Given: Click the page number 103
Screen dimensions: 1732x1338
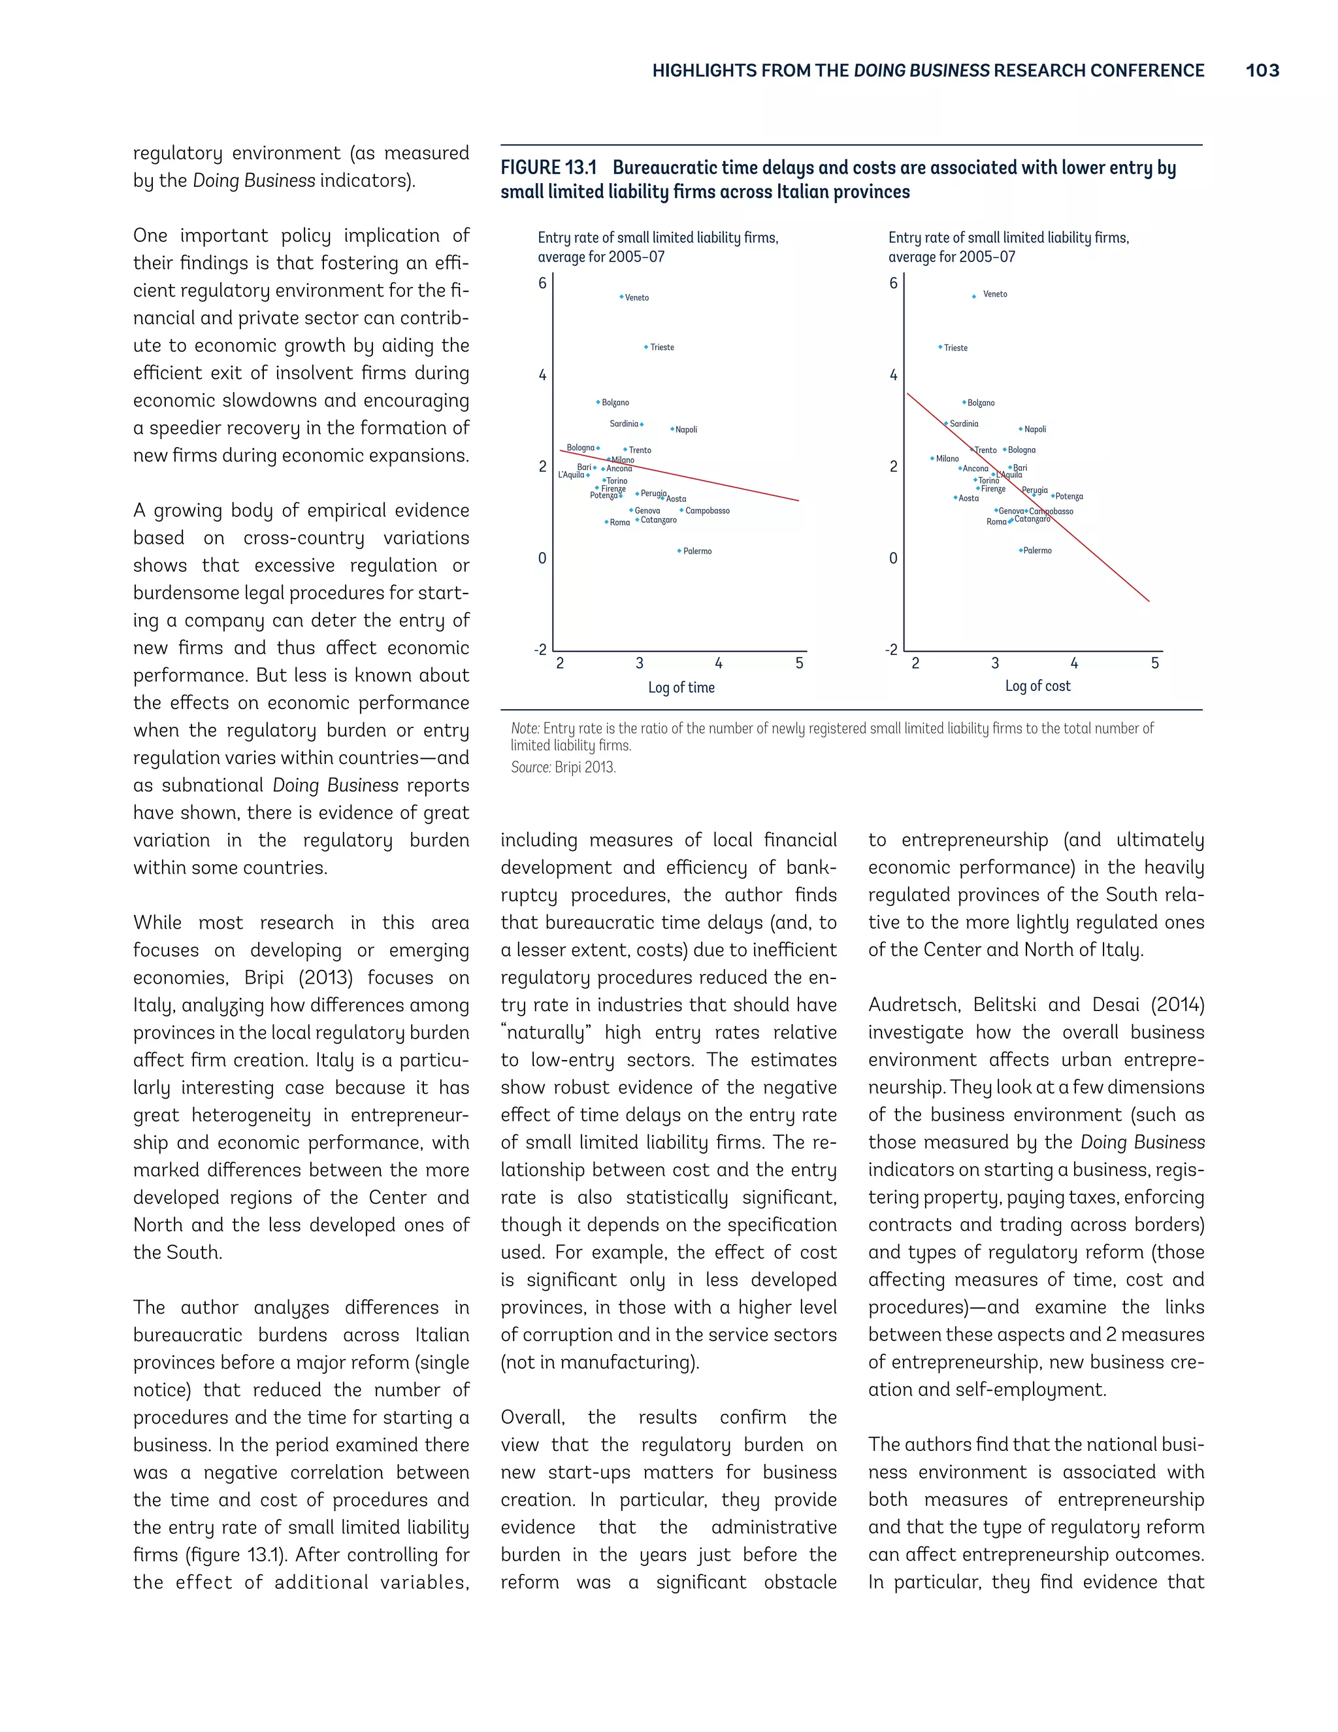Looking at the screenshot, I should (1262, 71).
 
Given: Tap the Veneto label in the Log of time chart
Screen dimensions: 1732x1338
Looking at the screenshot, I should (636, 298).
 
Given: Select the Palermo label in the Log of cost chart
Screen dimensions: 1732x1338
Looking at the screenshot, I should (1037, 550).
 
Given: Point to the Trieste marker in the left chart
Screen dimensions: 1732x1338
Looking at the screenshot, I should (647, 347).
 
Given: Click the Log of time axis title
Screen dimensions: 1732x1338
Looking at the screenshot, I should (681, 688).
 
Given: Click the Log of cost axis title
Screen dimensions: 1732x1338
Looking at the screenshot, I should (1037, 686).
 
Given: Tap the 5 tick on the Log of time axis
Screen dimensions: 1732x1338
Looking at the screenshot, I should (799, 663).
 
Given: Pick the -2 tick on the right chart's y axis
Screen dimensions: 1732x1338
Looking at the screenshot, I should (892, 650).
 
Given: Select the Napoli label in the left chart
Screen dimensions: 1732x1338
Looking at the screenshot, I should (687, 430).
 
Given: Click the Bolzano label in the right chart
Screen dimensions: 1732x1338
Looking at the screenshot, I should (981, 403).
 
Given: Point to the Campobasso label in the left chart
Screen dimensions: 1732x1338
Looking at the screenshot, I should (707, 510).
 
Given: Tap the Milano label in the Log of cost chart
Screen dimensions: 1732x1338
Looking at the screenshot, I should (947, 458).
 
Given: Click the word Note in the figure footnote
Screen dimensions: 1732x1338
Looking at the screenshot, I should (525, 728).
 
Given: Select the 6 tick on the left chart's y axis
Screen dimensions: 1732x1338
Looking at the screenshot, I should (542, 283).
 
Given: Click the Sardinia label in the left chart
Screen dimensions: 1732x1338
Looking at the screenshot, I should (624, 424).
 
